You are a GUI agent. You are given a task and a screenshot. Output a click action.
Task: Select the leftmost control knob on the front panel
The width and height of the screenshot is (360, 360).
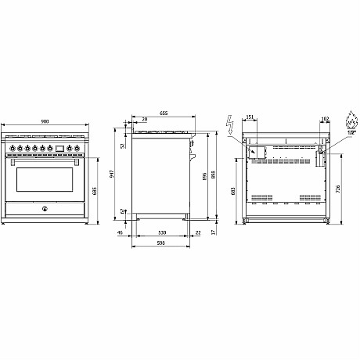tap(13, 146)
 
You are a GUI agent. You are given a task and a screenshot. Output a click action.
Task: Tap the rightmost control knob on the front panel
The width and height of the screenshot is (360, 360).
tap(78, 146)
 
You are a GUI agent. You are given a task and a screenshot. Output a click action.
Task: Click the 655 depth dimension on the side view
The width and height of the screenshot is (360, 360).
tap(164, 114)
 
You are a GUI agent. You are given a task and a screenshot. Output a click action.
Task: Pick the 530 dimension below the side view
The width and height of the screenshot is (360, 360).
tap(160, 233)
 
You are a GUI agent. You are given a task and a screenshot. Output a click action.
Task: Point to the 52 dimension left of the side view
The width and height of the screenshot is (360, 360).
tap(123, 146)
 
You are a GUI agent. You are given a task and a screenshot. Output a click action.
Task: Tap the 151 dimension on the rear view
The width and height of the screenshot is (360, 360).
tap(250, 118)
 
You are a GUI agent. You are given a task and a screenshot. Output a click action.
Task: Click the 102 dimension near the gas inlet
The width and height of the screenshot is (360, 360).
tap(325, 118)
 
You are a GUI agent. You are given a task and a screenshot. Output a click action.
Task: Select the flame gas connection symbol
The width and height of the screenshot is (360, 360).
tap(348, 123)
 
